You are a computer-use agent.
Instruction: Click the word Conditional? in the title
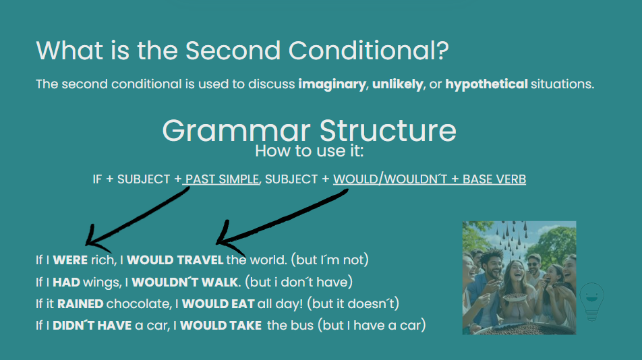point(368,51)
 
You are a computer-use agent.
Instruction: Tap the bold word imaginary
point(332,84)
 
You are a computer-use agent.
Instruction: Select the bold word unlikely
point(398,84)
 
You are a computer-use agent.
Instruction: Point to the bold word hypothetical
point(486,84)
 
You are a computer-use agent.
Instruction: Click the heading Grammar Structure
point(309,131)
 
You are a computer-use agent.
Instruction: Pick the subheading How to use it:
point(309,151)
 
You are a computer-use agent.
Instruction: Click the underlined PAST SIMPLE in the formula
point(222,179)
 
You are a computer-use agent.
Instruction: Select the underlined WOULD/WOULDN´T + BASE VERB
point(430,179)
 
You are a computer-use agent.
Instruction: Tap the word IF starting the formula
point(97,179)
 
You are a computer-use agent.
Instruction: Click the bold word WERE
point(70,260)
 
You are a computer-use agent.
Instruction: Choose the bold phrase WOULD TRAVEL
point(175,260)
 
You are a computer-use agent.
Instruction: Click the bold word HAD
point(66,282)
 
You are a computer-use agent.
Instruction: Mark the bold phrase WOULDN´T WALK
point(185,282)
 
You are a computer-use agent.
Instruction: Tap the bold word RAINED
point(80,304)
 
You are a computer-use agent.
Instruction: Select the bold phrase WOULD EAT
point(218,304)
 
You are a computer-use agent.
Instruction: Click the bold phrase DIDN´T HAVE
point(92,325)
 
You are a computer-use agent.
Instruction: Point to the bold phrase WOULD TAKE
point(221,325)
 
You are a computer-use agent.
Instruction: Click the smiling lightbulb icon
point(591,301)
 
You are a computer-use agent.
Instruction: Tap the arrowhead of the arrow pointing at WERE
point(87,244)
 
